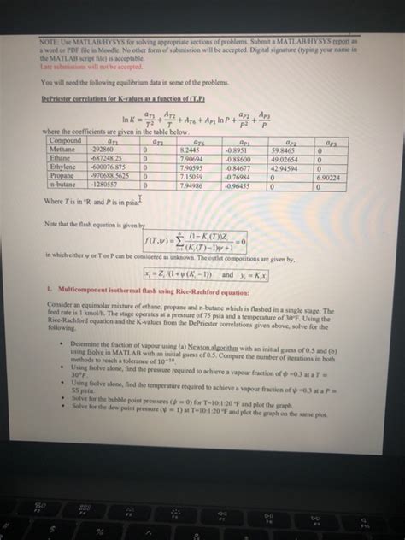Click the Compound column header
click(66, 140)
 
